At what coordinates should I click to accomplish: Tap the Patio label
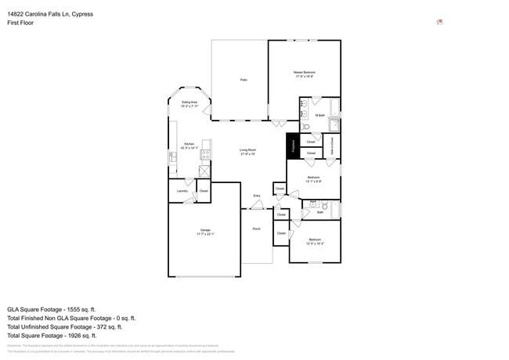click(x=244, y=80)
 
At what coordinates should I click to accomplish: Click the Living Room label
click(x=247, y=151)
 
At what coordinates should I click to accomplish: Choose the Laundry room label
click(x=182, y=191)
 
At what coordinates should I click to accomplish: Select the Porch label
click(x=256, y=229)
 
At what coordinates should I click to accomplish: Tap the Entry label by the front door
click(x=256, y=196)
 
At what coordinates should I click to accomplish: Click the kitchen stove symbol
click(x=205, y=155)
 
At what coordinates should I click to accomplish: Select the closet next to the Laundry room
click(x=204, y=191)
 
